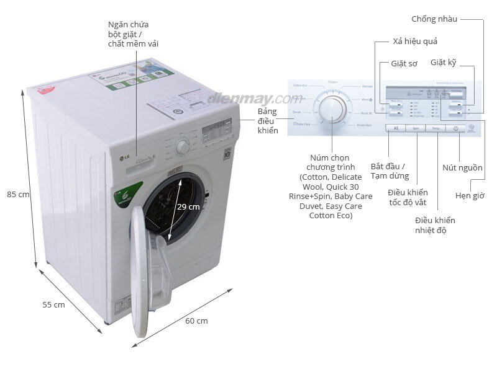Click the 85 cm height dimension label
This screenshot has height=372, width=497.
pos(18,194)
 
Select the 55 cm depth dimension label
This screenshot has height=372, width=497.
pos(53,304)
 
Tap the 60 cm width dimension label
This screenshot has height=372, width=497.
pos(196,321)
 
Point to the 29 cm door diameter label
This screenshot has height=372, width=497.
pos(188,206)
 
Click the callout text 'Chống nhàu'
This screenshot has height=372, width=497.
pos(434,19)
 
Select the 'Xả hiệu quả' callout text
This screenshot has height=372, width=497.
pos(415,42)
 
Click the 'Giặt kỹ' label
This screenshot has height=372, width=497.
pos(443,63)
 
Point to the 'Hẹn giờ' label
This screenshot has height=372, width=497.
pos(470,195)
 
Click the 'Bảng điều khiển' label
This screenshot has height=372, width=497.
pos(268,121)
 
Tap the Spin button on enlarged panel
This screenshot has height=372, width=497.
pos(415,128)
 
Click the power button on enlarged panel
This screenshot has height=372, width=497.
pos(455,128)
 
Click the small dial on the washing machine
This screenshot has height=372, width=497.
pos(182,147)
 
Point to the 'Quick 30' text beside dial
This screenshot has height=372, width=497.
pos(366,113)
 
